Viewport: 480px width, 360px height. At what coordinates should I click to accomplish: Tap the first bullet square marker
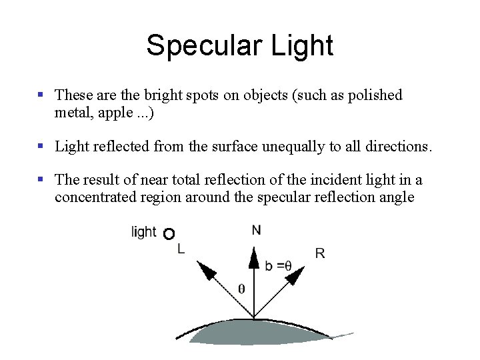[41, 95]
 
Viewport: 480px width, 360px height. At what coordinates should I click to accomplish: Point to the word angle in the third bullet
[395, 197]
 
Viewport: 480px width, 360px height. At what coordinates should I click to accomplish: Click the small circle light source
[169, 233]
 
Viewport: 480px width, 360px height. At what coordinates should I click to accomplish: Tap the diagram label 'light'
[144, 232]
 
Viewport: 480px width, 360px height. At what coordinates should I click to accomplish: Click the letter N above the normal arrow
[256, 230]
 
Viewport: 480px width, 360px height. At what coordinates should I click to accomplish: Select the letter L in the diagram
[181, 249]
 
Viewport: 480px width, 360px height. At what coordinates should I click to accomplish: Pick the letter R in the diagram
[320, 253]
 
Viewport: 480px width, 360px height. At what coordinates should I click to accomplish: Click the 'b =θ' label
[278, 265]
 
